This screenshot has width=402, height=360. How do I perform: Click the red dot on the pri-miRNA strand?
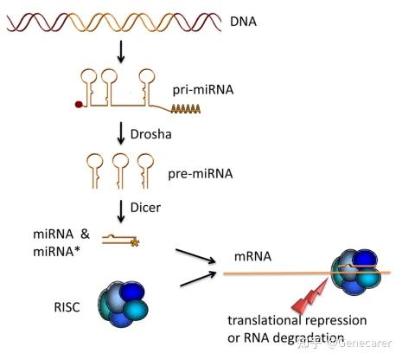77,108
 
